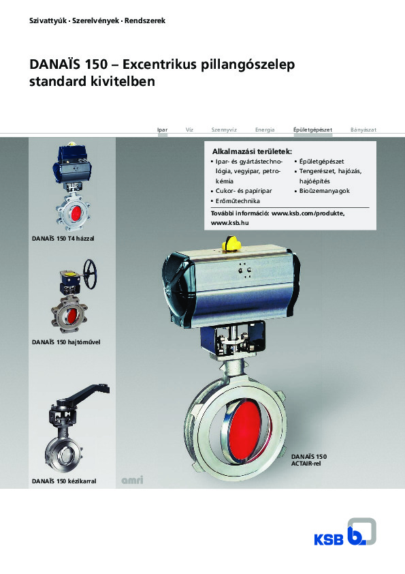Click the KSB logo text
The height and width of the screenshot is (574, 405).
(x=329, y=540)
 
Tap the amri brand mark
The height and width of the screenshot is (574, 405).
(x=132, y=480)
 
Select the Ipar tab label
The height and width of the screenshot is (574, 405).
(x=162, y=130)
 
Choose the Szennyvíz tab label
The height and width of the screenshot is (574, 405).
(x=224, y=130)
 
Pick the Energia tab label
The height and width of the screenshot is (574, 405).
(x=265, y=130)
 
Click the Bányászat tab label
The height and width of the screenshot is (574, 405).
(x=363, y=130)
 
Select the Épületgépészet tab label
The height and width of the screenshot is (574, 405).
(x=312, y=130)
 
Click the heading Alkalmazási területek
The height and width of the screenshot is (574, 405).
(x=253, y=151)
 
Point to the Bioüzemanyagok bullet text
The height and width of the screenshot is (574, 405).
(x=324, y=191)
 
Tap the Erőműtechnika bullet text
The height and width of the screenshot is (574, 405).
(x=238, y=201)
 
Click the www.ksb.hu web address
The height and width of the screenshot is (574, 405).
(x=229, y=222)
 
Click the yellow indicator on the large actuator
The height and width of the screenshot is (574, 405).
(x=231, y=244)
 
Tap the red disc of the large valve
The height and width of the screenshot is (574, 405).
(x=245, y=429)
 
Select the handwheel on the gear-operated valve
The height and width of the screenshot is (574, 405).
(x=91, y=273)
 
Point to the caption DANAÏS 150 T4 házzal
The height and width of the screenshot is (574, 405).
(x=63, y=239)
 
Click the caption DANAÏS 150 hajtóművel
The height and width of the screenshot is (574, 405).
(x=66, y=342)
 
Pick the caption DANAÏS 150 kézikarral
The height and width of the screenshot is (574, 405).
(x=64, y=481)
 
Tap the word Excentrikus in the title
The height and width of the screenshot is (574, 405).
(x=159, y=65)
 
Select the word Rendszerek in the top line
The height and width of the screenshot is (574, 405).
(x=145, y=21)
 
